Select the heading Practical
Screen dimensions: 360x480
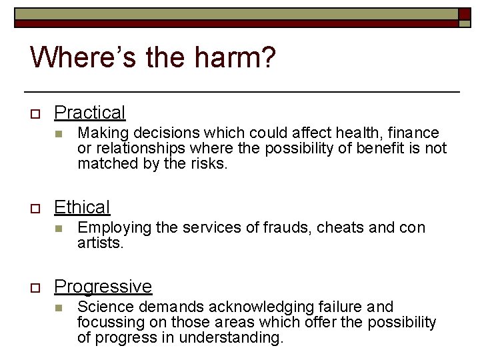point(89,113)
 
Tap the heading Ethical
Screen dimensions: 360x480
point(82,207)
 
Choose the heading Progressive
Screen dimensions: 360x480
point(103,287)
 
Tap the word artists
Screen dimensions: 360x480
point(101,243)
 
